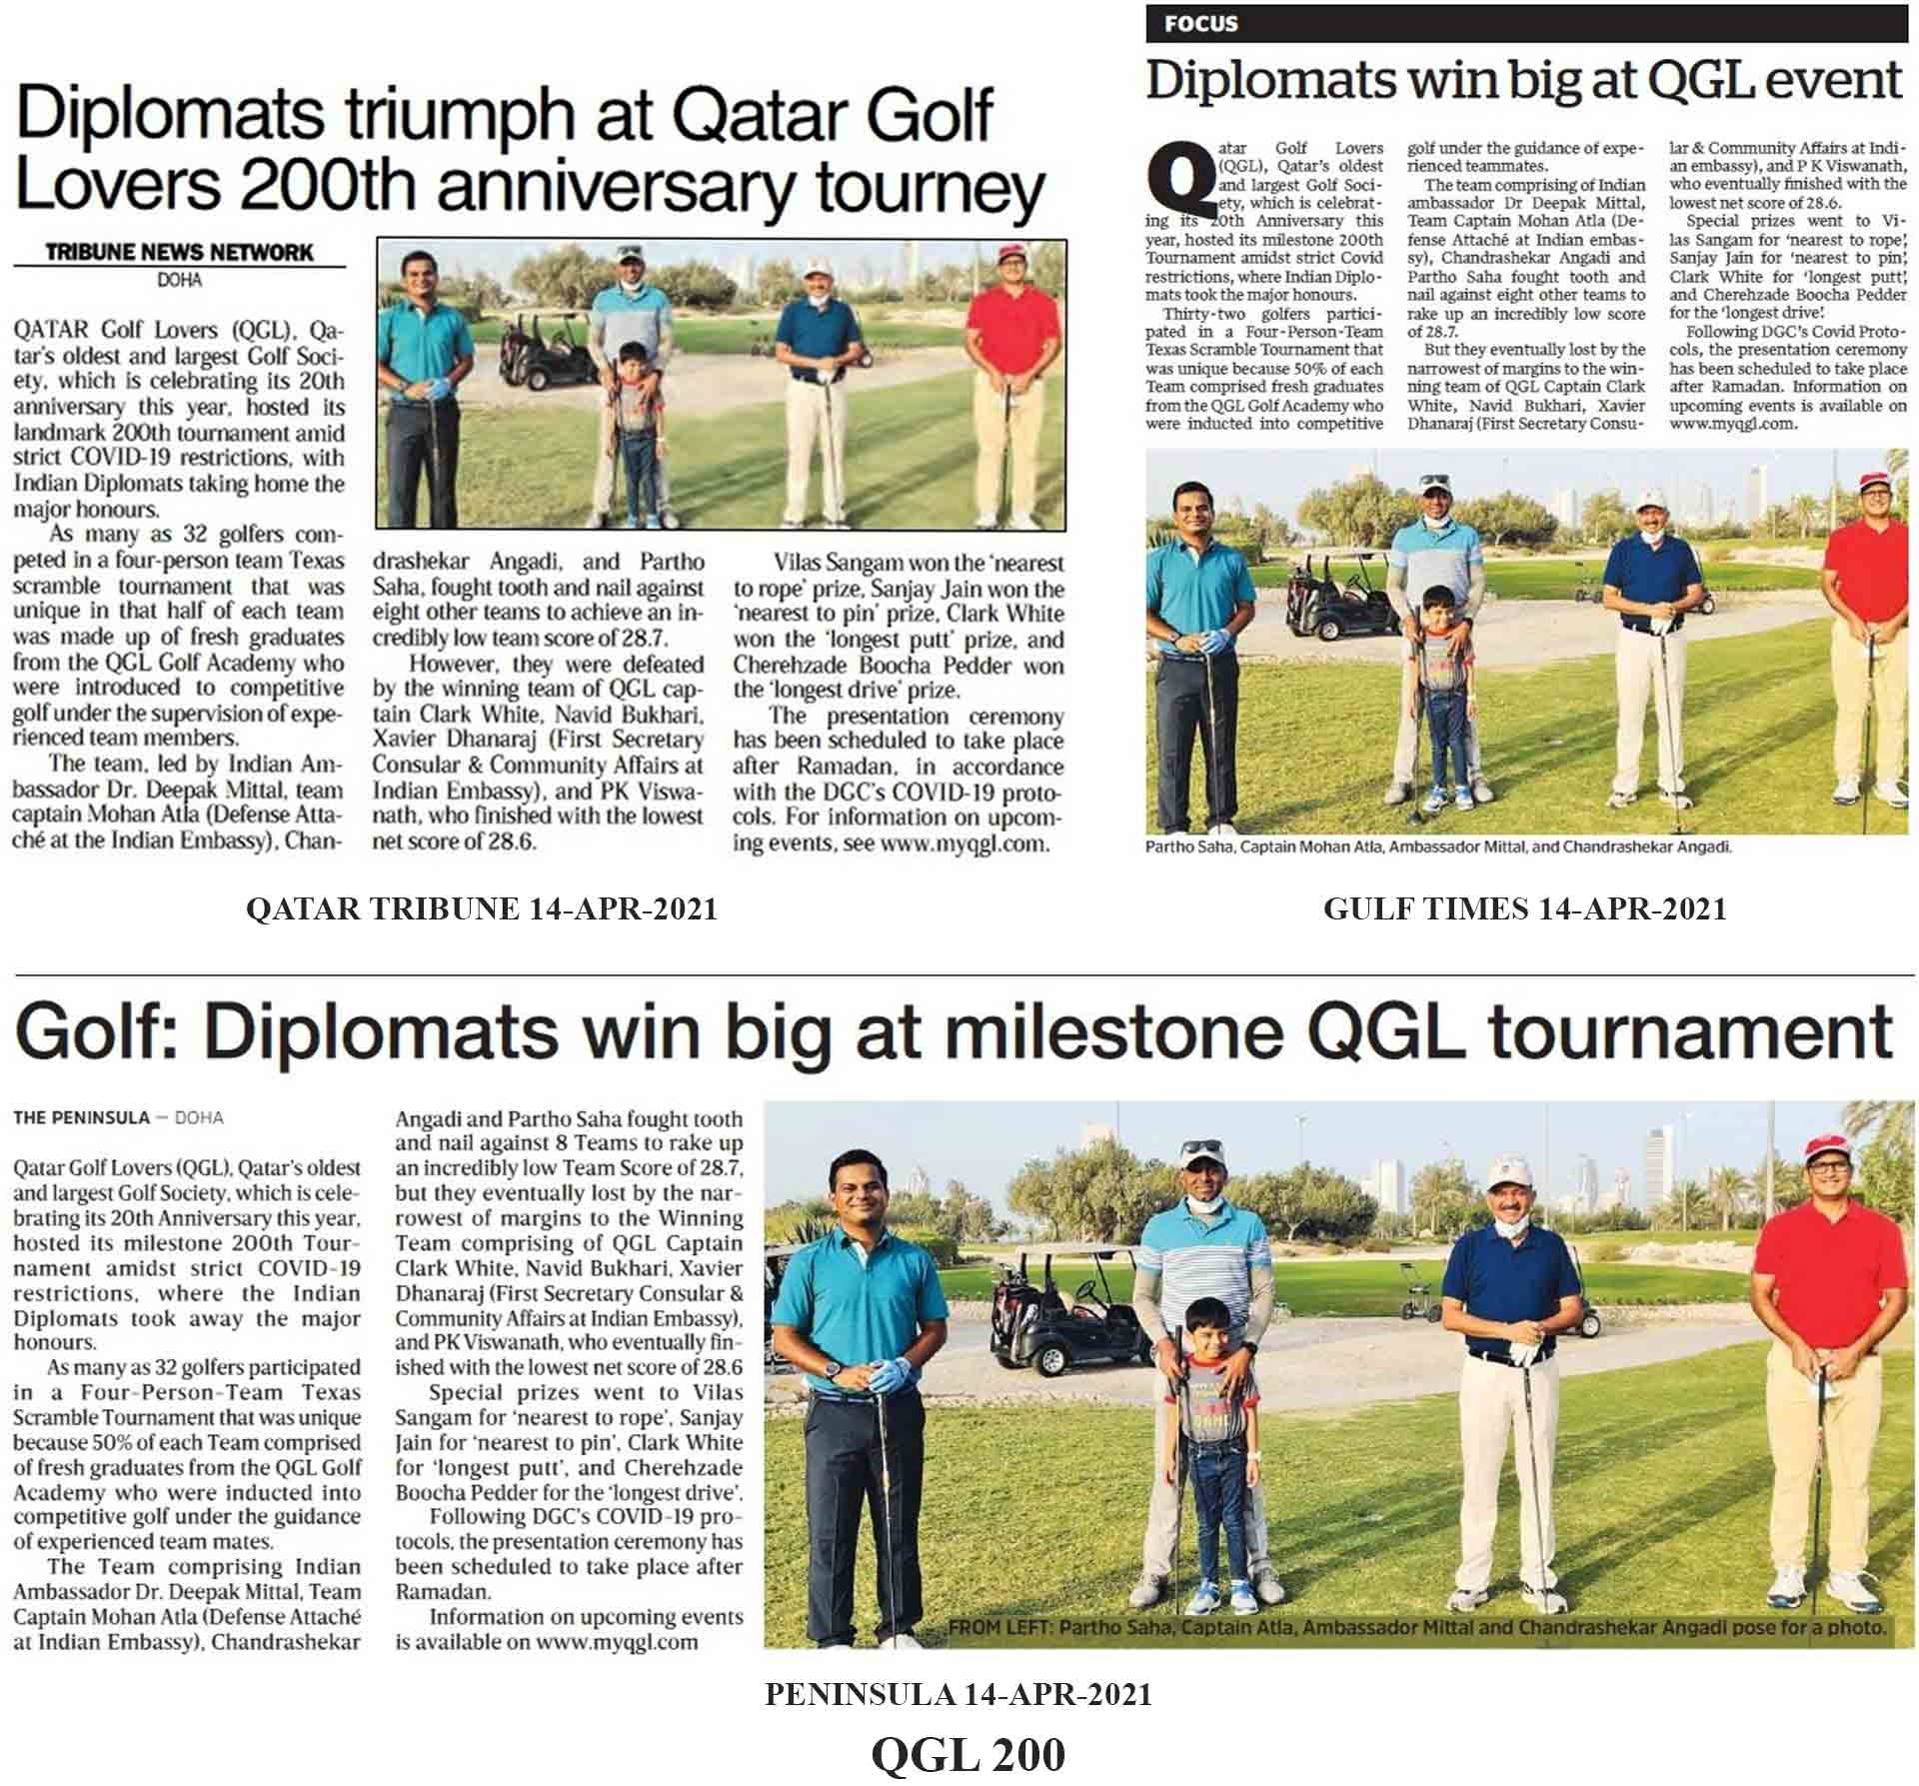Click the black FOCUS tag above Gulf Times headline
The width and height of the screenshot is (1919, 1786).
(1200, 24)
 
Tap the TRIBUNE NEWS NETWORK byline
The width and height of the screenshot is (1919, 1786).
(179, 252)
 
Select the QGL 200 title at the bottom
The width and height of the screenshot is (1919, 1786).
(967, 1755)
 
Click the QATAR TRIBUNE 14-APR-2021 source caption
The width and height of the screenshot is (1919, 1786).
(481, 908)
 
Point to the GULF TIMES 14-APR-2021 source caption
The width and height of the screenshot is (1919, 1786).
(1525, 908)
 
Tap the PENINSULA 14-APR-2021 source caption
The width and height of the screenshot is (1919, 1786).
(958, 1694)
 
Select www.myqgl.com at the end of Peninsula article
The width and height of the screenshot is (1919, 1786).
(617, 1642)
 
